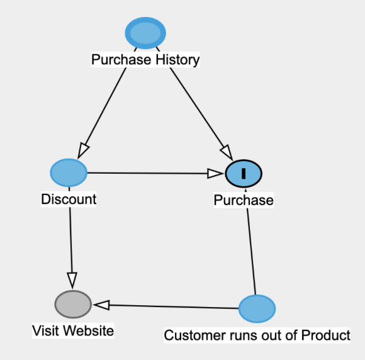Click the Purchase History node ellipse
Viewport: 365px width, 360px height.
coord(145,33)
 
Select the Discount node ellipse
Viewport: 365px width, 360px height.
coord(69,173)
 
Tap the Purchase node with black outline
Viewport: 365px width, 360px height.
coord(244,174)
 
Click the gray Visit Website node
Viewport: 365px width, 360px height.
coord(73,304)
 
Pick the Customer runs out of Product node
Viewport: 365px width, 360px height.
coord(257,309)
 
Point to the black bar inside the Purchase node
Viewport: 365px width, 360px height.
coord(244,174)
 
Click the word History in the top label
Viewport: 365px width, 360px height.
coord(177,60)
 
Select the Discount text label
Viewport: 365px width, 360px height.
coord(69,200)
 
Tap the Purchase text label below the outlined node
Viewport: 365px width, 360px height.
coord(244,200)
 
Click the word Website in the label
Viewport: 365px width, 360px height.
coord(89,330)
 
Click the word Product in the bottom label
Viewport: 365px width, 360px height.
coord(325,335)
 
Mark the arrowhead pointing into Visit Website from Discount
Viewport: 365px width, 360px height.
coord(72,281)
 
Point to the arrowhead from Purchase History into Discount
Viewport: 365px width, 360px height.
coord(83,151)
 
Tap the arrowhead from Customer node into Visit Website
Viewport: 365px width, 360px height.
coord(101,305)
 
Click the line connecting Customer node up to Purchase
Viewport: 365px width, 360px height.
coord(250,242)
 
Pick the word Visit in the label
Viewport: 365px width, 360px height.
coord(47,330)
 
